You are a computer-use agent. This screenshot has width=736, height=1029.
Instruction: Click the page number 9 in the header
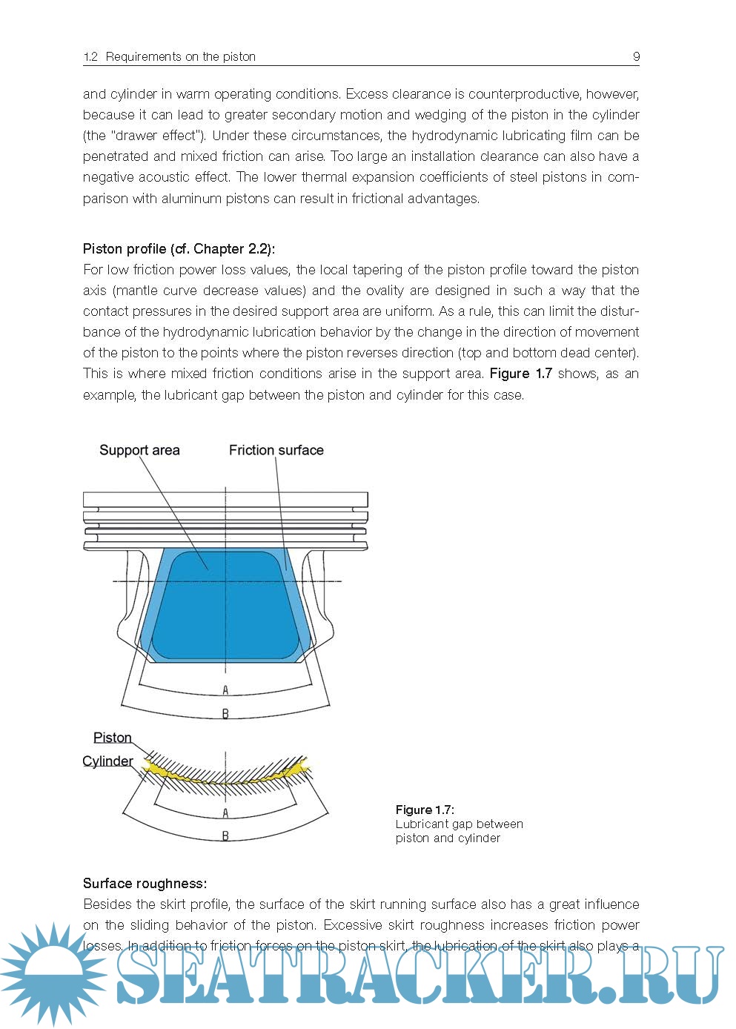tap(636, 56)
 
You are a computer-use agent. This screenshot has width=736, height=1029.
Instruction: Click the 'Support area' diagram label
tap(139, 450)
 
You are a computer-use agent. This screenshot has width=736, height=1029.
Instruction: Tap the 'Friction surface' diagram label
tap(276, 450)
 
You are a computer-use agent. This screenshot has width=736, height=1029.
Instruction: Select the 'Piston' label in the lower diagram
tap(113, 738)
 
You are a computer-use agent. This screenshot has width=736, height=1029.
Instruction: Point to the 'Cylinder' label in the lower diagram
tap(107, 761)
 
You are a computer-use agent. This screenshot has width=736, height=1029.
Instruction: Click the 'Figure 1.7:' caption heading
tap(425, 810)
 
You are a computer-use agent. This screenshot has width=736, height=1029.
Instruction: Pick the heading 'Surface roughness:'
tap(145, 884)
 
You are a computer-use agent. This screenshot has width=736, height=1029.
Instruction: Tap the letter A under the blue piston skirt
tap(225, 690)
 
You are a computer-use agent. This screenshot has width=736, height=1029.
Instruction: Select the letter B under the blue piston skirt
tap(225, 714)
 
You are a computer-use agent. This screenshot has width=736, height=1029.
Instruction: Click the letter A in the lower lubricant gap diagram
tap(225, 813)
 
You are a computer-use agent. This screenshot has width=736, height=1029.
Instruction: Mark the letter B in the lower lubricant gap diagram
tap(225, 836)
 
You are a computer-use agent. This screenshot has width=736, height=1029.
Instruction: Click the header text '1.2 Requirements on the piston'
tap(170, 56)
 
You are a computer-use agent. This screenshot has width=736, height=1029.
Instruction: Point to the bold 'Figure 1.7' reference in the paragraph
tap(520, 374)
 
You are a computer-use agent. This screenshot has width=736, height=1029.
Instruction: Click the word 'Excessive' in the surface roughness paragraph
tap(352, 925)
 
